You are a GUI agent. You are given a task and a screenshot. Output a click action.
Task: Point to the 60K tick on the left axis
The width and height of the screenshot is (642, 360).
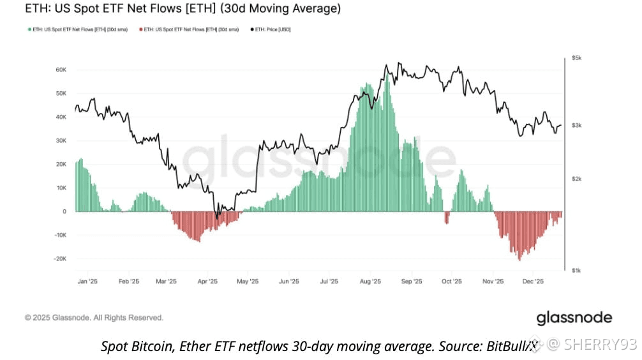coord(61,70)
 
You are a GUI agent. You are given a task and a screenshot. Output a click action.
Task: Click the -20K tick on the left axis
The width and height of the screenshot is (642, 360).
coord(60,259)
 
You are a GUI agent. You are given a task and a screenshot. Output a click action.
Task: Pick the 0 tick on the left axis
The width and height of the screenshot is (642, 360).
coord(64,211)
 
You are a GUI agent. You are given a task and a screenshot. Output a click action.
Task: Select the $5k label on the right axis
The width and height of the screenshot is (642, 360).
coord(576,58)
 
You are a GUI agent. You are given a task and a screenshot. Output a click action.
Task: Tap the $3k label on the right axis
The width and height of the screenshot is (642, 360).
coord(576,126)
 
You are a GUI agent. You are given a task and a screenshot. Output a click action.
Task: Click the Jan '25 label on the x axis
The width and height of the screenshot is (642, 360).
coord(87,281)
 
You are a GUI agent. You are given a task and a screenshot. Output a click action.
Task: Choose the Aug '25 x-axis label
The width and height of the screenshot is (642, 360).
coord(370,281)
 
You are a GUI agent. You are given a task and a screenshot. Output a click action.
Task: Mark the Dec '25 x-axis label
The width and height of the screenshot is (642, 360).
coord(533,281)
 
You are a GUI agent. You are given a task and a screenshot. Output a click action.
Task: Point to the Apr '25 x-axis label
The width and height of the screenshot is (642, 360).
coord(208,281)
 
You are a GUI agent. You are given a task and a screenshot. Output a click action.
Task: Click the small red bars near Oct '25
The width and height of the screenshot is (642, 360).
coord(447,218)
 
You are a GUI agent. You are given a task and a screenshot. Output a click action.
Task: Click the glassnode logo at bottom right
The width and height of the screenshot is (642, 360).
coord(574,317)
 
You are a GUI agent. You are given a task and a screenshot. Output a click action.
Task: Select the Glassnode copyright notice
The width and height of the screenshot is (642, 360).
coord(94,317)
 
